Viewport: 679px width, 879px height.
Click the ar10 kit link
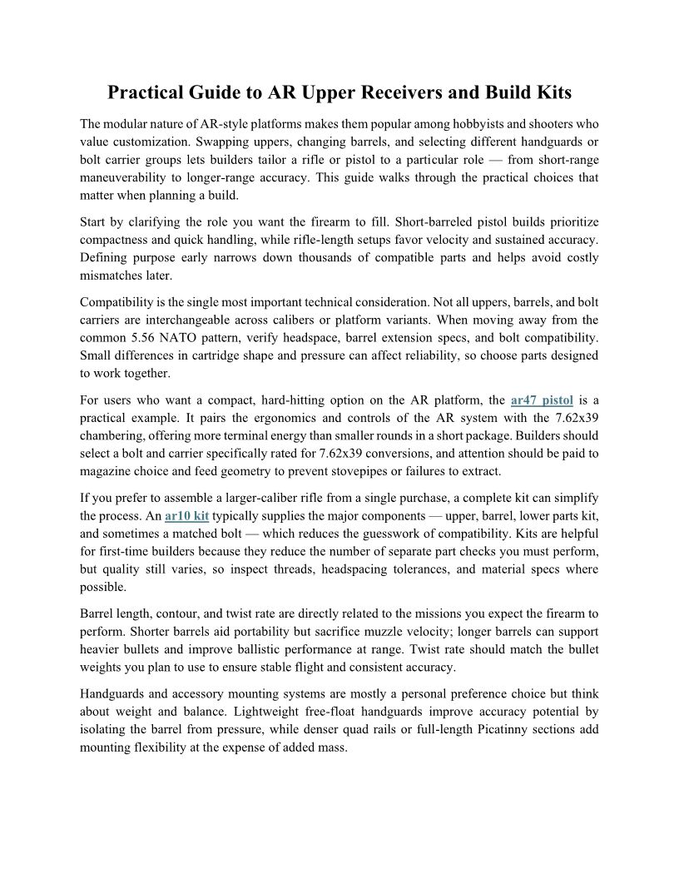186,516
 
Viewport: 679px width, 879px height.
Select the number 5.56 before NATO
146,339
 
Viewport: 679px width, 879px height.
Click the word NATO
186,339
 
